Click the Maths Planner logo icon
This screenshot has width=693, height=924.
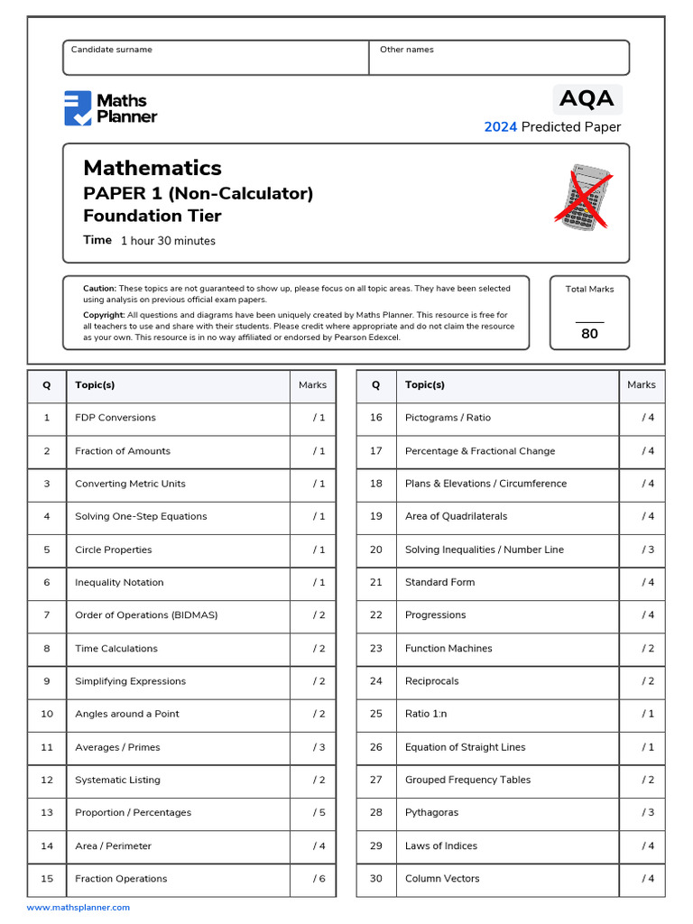click(78, 108)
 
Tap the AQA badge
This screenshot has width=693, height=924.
click(587, 98)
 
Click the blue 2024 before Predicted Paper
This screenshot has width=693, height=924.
click(501, 127)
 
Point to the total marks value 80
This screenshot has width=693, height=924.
click(589, 334)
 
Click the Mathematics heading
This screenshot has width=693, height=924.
click(152, 168)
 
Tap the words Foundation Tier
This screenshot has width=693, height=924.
click(152, 216)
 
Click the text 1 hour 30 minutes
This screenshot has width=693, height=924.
click(168, 241)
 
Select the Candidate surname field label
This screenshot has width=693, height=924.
click(112, 50)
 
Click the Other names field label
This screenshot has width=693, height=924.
click(406, 50)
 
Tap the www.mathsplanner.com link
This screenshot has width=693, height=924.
click(79, 908)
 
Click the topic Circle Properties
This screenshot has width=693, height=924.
click(114, 550)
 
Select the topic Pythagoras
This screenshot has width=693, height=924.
click(431, 812)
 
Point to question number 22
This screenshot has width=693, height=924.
click(376, 615)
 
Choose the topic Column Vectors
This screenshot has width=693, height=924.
click(442, 879)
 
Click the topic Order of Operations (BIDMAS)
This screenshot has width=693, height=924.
click(146, 615)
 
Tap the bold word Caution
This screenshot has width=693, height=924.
click(99, 289)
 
